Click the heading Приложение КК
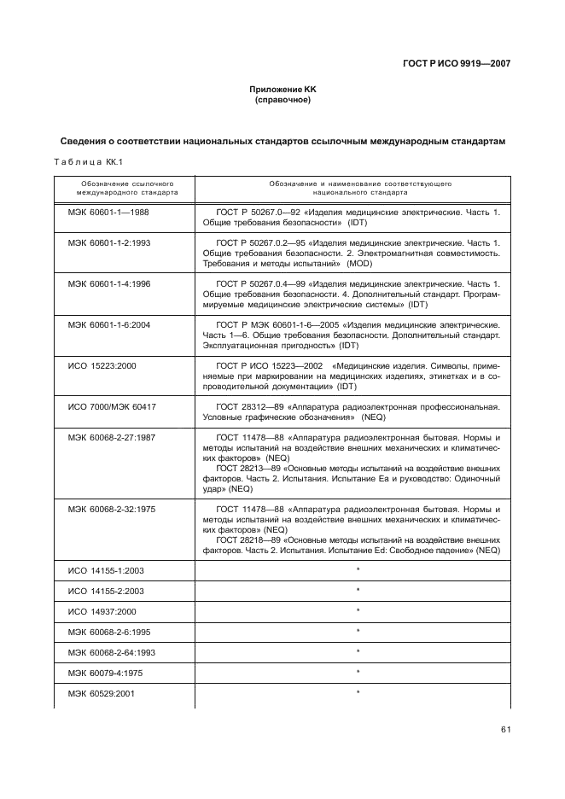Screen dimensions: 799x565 click(282, 90)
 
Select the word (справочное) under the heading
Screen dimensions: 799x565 click(282, 100)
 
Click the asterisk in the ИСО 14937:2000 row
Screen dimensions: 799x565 click(358, 611)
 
